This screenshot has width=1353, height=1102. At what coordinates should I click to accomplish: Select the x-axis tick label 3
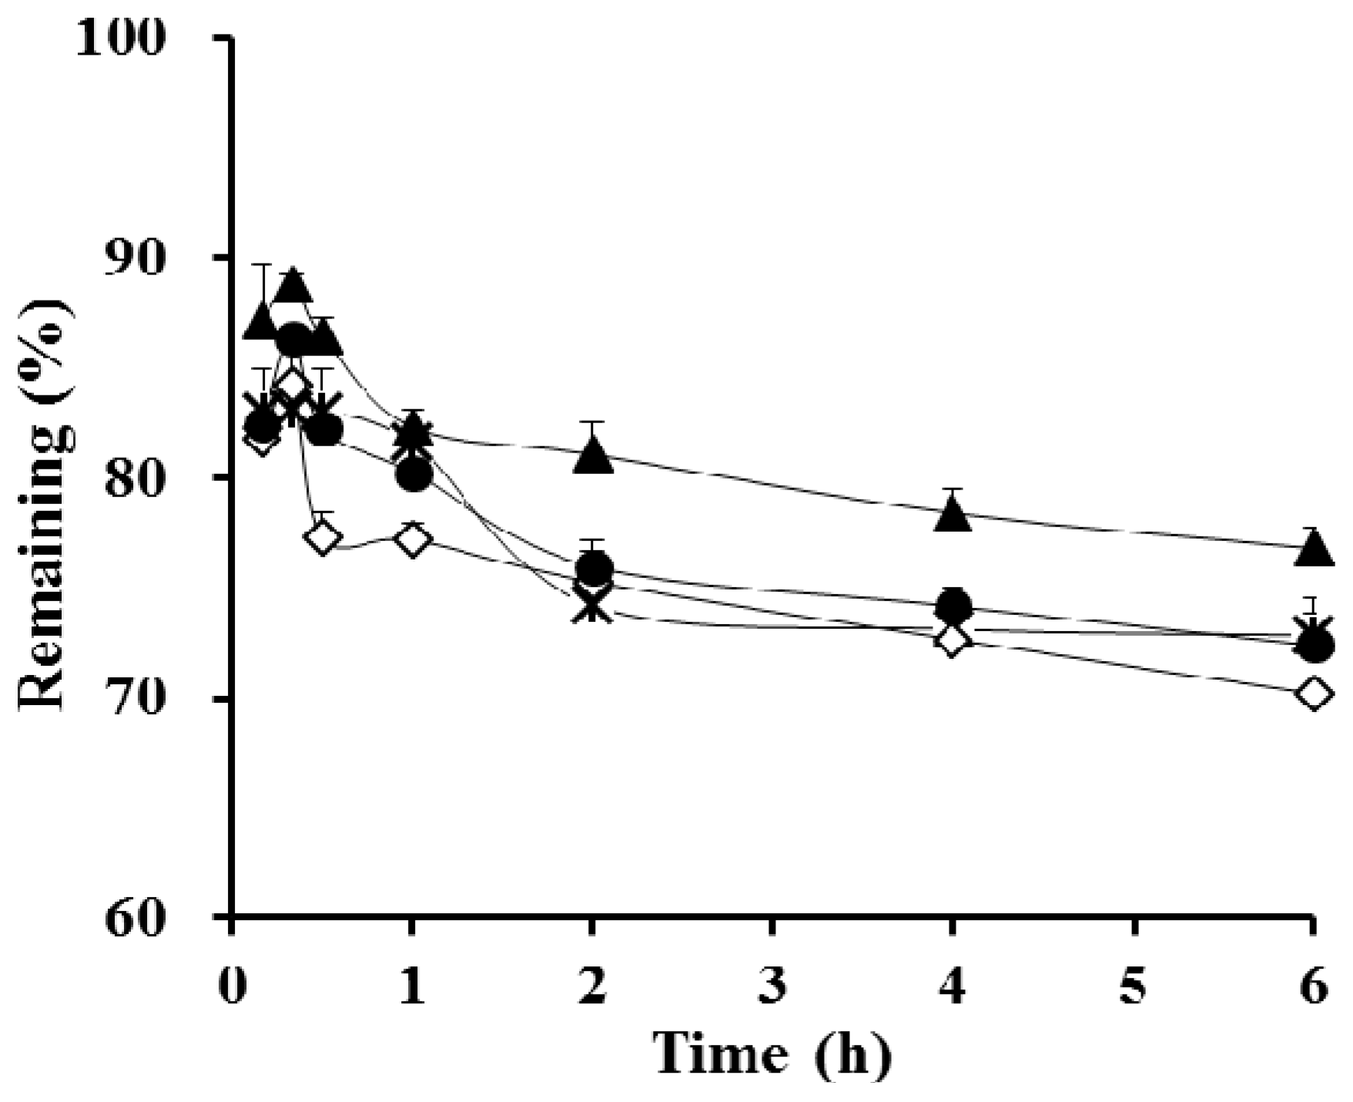tap(772, 986)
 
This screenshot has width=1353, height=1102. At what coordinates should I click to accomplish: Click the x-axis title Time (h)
tap(772, 1053)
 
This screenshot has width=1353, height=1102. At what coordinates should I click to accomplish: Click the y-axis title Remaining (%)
tap(46, 505)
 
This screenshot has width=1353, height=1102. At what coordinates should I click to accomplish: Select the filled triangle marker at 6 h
tap(1314, 550)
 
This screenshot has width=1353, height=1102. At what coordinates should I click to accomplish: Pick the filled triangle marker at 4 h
tap(953, 515)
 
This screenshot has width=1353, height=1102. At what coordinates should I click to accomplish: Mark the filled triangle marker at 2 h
tap(592, 456)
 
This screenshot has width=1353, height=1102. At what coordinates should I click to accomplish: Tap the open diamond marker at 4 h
tap(953, 640)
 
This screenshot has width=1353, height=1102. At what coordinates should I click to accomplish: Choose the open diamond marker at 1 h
tap(413, 539)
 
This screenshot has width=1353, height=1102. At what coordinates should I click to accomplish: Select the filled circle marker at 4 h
tap(953, 606)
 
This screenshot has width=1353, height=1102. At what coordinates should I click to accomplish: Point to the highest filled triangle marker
tap(292, 287)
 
